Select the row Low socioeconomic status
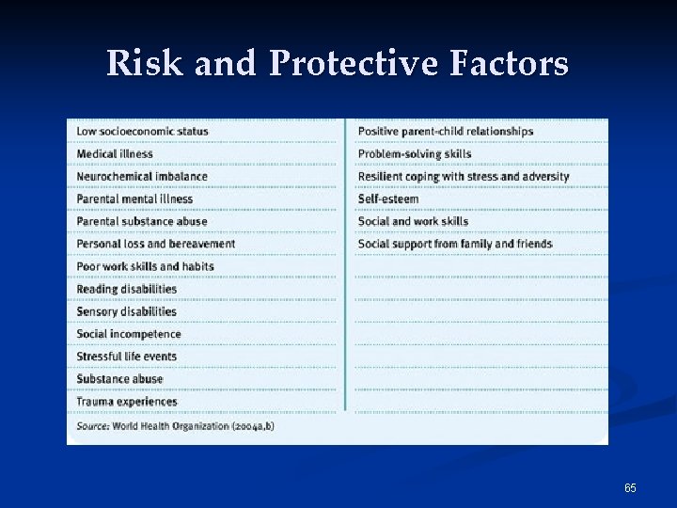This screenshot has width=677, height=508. (x=142, y=131)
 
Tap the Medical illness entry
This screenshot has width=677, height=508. (x=114, y=153)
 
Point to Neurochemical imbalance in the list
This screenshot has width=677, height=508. (x=141, y=176)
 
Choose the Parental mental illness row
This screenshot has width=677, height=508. (x=134, y=198)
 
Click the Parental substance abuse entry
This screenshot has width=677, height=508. (x=141, y=221)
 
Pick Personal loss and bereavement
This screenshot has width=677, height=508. (x=155, y=244)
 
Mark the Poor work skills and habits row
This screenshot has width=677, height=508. (x=145, y=266)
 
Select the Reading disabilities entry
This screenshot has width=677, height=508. (x=126, y=289)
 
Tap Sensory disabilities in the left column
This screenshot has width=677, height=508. (x=126, y=311)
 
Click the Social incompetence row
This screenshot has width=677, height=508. (x=128, y=334)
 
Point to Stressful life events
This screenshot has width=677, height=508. (x=126, y=357)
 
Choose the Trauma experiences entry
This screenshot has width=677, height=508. (x=126, y=402)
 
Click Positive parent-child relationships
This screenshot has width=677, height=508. (x=445, y=131)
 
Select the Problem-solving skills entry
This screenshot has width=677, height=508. (x=414, y=153)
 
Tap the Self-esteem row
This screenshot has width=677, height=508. (x=387, y=198)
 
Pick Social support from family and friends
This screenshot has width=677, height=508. (x=454, y=244)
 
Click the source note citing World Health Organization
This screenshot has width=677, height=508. (x=175, y=426)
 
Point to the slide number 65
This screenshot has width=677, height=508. (x=630, y=487)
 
